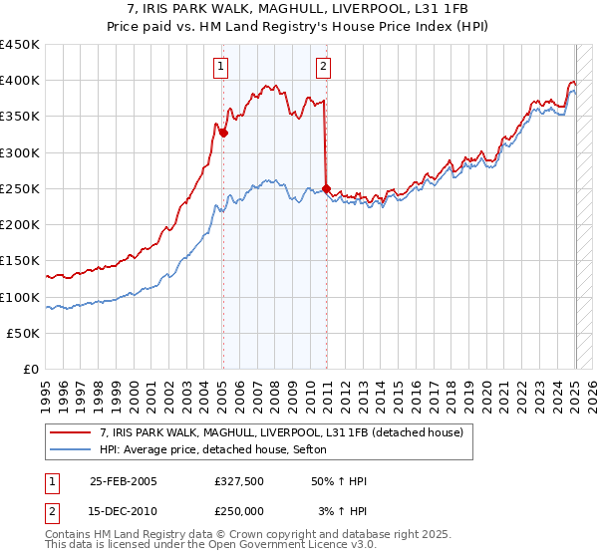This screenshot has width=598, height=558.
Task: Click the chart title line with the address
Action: pyautogui.click(x=299, y=9)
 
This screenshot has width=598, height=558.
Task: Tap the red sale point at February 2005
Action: pyautogui.click(x=223, y=133)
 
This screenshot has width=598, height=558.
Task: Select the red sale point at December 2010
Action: pyautogui.click(x=327, y=188)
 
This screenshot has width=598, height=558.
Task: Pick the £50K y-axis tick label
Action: pyautogui.click(x=24, y=334)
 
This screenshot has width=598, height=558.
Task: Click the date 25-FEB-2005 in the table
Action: pyautogui.click(x=124, y=480)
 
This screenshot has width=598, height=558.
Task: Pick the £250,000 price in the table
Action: pyautogui.click(x=238, y=510)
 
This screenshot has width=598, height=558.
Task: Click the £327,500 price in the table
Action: pyautogui.click(x=238, y=480)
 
